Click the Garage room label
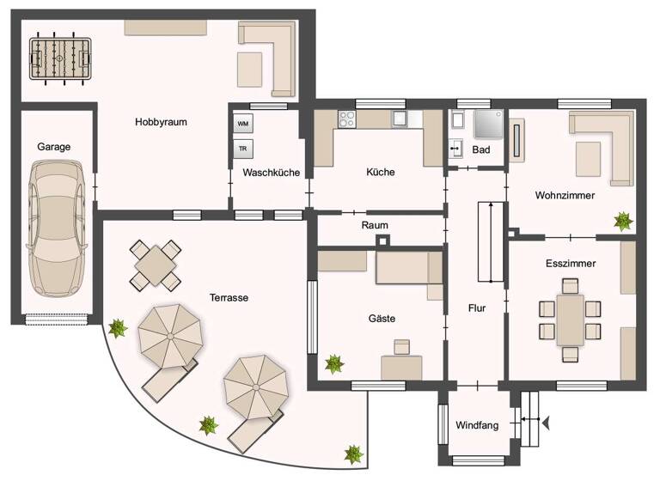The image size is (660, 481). [53, 147]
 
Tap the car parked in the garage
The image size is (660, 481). [56, 228]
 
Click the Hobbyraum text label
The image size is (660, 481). [161, 122]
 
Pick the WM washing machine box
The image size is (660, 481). [243, 125]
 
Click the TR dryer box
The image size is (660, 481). [243, 149]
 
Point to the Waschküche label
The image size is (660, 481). [271, 173]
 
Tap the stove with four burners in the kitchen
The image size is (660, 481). [347, 119]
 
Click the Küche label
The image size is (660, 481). [380, 173]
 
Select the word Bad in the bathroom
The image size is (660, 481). [481, 150]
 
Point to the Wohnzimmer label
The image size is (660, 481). [564, 196]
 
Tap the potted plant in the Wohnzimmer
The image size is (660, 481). [623, 221]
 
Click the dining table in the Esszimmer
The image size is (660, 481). [569, 319]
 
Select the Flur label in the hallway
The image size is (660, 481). [478, 307]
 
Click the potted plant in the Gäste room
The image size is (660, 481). [333, 363]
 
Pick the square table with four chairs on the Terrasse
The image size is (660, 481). [156, 265]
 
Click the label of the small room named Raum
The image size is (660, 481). [375, 226]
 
